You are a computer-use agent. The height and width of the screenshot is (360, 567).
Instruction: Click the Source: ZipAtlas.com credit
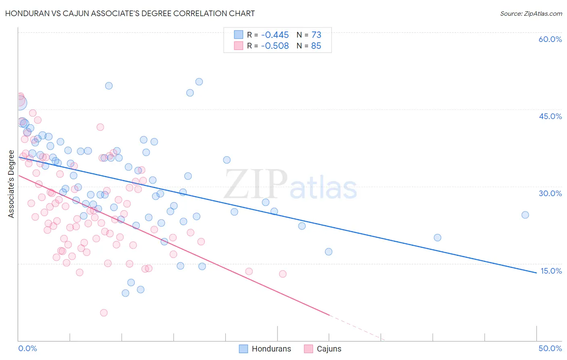click(531, 14)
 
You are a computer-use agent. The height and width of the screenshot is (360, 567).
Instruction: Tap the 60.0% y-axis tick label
click(550, 39)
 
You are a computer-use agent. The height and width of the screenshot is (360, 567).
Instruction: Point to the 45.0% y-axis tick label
click(550, 116)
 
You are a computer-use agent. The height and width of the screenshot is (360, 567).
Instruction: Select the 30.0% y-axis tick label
click(550, 193)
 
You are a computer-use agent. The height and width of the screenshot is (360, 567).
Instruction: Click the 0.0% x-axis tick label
click(28, 348)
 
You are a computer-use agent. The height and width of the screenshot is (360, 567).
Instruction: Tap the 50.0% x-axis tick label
click(550, 348)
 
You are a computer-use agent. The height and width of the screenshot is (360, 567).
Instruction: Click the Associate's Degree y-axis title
click(11, 184)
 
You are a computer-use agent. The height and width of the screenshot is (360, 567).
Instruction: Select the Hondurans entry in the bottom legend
click(271, 349)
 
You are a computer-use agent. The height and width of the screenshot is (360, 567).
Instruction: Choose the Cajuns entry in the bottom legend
click(329, 349)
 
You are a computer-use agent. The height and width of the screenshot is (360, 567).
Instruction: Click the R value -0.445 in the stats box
click(275, 35)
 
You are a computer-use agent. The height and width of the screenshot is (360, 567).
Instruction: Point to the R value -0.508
click(275, 46)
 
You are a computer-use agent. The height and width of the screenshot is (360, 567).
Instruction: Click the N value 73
click(316, 35)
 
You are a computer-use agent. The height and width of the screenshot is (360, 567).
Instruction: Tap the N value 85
click(316, 46)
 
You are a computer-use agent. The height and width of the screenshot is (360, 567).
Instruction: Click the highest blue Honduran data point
click(199, 82)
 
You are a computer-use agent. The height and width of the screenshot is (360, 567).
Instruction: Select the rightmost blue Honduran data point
click(525, 215)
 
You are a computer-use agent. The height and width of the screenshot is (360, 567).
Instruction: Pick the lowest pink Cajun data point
click(104, 313)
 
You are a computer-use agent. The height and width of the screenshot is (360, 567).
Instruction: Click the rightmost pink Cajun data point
click(283, 274)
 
